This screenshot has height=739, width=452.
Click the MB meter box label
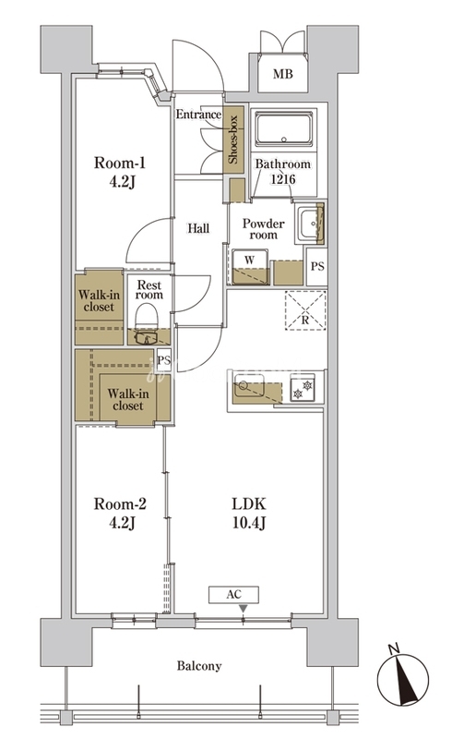pos(282,74)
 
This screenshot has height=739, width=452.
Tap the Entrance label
pos(198,115)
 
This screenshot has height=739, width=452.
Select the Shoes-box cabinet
pos(233,139)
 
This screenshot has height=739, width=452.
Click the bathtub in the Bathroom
pos(283,128)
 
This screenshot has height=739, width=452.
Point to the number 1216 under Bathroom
pos(282,179)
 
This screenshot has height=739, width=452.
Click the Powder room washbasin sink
pos(310,224)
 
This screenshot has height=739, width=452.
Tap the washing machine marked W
pos(250,267)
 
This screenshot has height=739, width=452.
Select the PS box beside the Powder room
pos(317,266)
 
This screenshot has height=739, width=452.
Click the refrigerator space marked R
pos(305,310)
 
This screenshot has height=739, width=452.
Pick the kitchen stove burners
pos(303,386)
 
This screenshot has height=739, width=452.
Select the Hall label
pos(198,228)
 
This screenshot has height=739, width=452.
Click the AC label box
pos(234,594)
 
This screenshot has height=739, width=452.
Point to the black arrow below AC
pos(243,609)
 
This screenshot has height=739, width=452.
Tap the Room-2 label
pos(120,503)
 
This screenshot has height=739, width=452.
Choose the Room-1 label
pos(120,164)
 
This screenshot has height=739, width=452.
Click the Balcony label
pos(199,666)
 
